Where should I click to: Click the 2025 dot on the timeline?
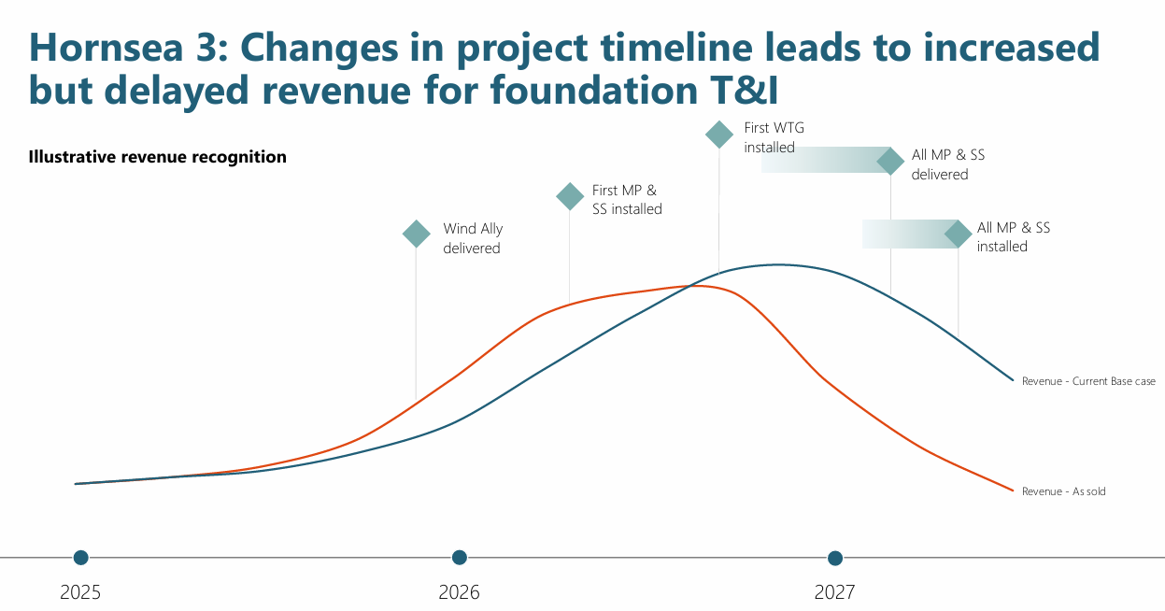pyautogui.click(x=81, y=558)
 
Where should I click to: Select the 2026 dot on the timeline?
pyautogui.click(x=459, y=558)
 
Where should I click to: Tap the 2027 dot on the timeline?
pyautogui.click(x=835, y=558)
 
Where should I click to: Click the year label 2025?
pyautogui.click(x=81, y=592)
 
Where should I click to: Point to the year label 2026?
pyautogui.click(x=459, y=592)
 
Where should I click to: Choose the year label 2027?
pyautogui.click(x=835, y=592)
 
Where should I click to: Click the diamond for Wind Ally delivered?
pyautogui.click(x=416, y=234)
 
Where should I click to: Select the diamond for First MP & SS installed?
pyautogui.click(x=570, y=196)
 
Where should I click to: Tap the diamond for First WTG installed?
pyautogui.click(x=718, y=135)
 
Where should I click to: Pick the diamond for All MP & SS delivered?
pyautogui.click(x=890, y=161)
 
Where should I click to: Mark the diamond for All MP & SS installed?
pyautogui.click(x=958, y=234)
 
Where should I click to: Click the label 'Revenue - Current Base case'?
pyautogui.click(x=1088, y=381)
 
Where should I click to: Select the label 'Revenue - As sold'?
pyautogui.click(x=1063, y=491)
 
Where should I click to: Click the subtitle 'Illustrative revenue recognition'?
pyautogui.click(x=158, y=157)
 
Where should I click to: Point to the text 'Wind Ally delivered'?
pyautogui.click(x=473, y=238)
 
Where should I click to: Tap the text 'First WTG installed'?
pyautogui.click(x=774, y=137)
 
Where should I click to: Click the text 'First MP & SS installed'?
pyautogui.click(x=627, y=200)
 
